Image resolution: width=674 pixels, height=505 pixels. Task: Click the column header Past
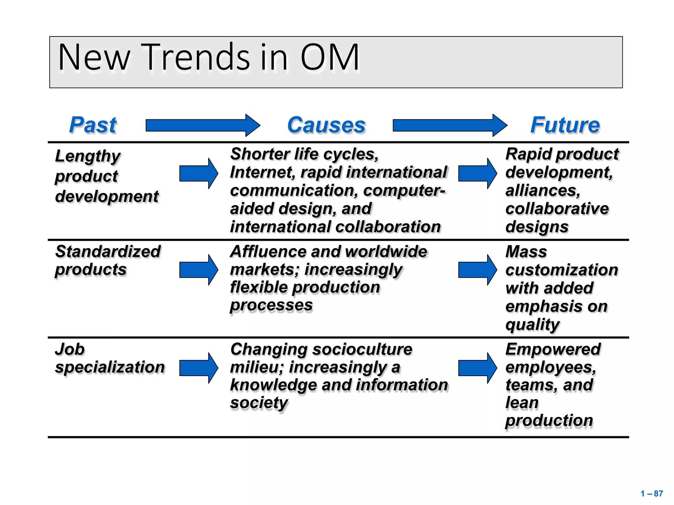[93, 125]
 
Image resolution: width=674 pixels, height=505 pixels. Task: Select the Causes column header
[326, 125]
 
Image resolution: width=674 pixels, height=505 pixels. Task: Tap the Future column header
[565, 125]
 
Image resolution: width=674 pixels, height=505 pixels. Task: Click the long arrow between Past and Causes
[203, 125]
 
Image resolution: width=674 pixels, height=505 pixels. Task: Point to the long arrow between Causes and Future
[450, 125]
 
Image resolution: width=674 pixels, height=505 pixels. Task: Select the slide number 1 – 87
[652, 493]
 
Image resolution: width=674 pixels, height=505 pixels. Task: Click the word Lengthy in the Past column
[88, 156]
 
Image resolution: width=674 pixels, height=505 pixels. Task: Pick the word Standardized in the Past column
[108, 252]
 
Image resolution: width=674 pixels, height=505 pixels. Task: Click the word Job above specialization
[70, 349]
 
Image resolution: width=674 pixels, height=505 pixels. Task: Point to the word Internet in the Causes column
[262, 173]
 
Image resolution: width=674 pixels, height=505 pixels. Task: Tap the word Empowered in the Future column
[553, 349]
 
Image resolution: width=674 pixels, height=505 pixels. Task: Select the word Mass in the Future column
[526, 252]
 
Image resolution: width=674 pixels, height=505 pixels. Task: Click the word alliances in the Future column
[543, 191]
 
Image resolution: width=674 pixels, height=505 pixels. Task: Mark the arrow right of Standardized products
[198, 270]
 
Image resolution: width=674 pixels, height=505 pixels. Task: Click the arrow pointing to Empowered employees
[478, 368]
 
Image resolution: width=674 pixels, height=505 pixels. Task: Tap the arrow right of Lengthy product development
[198, 173]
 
